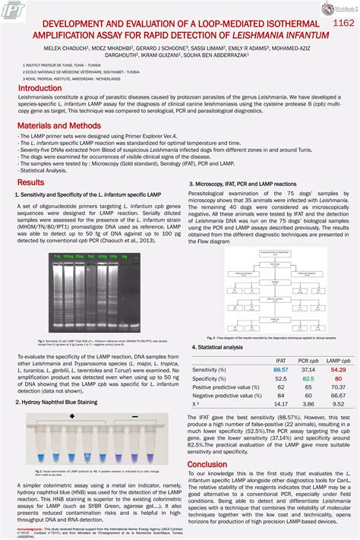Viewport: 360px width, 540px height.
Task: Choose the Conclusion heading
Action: (x=207, y=464)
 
